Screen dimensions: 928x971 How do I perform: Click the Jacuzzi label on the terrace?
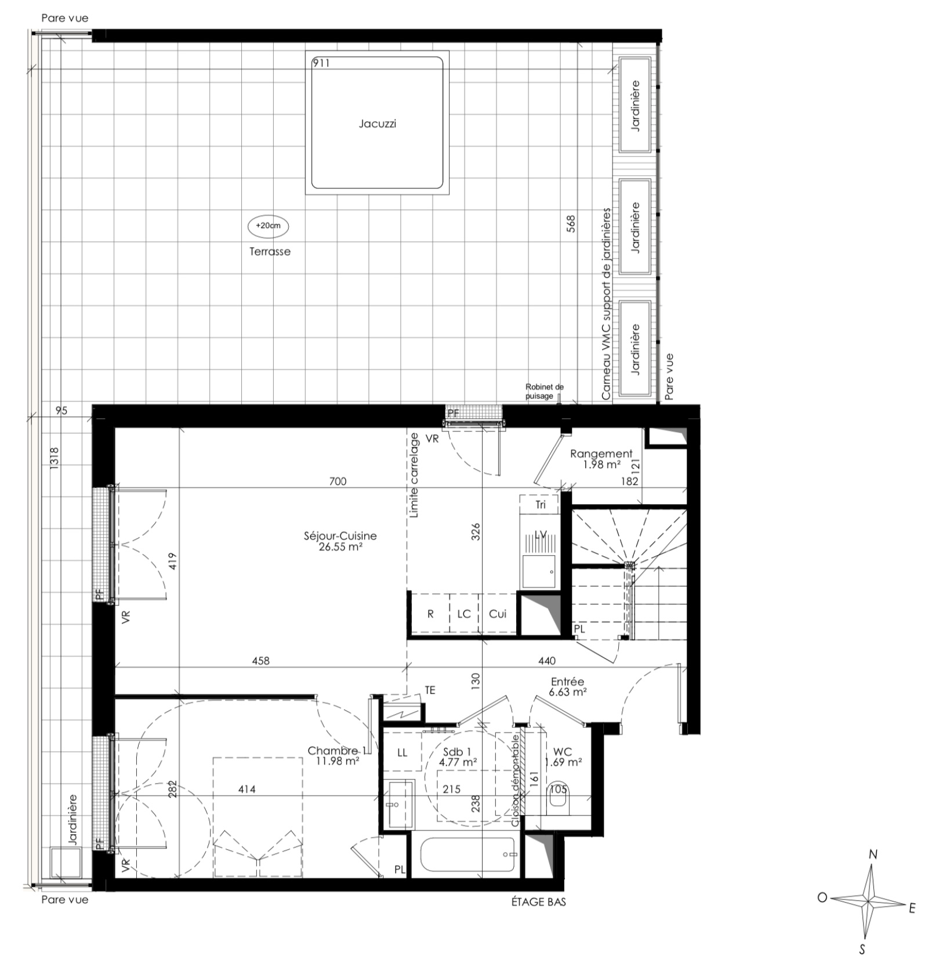[x=377, y=124]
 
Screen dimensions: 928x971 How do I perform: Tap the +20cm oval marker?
[x=268, y=226]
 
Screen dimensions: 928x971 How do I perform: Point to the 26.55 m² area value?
[x=340, y=546]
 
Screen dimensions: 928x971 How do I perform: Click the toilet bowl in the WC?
[x=559, y=799]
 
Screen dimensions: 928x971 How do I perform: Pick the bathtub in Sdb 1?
[x=467, y=854]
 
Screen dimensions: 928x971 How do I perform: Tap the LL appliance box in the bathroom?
[x=403, y=753]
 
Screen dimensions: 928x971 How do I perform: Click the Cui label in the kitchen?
[x=498, y=614]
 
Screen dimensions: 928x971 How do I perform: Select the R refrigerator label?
[x=430, y=614]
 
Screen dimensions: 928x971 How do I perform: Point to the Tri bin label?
[x=541, y=505]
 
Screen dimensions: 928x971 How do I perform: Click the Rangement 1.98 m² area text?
[x=601, y=465]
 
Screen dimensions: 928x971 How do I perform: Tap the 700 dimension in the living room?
[x=338, y=481]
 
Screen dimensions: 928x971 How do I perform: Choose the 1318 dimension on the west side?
[x=55, y=458]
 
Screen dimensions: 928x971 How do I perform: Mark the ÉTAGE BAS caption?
[x=539, y=902]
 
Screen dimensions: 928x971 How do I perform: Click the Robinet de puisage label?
[x=544, y=391]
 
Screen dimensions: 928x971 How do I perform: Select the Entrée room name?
[x=568, y=682]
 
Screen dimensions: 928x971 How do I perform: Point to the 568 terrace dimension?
[x=571, y=224]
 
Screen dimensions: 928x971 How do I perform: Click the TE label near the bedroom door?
[x=430, y=690]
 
